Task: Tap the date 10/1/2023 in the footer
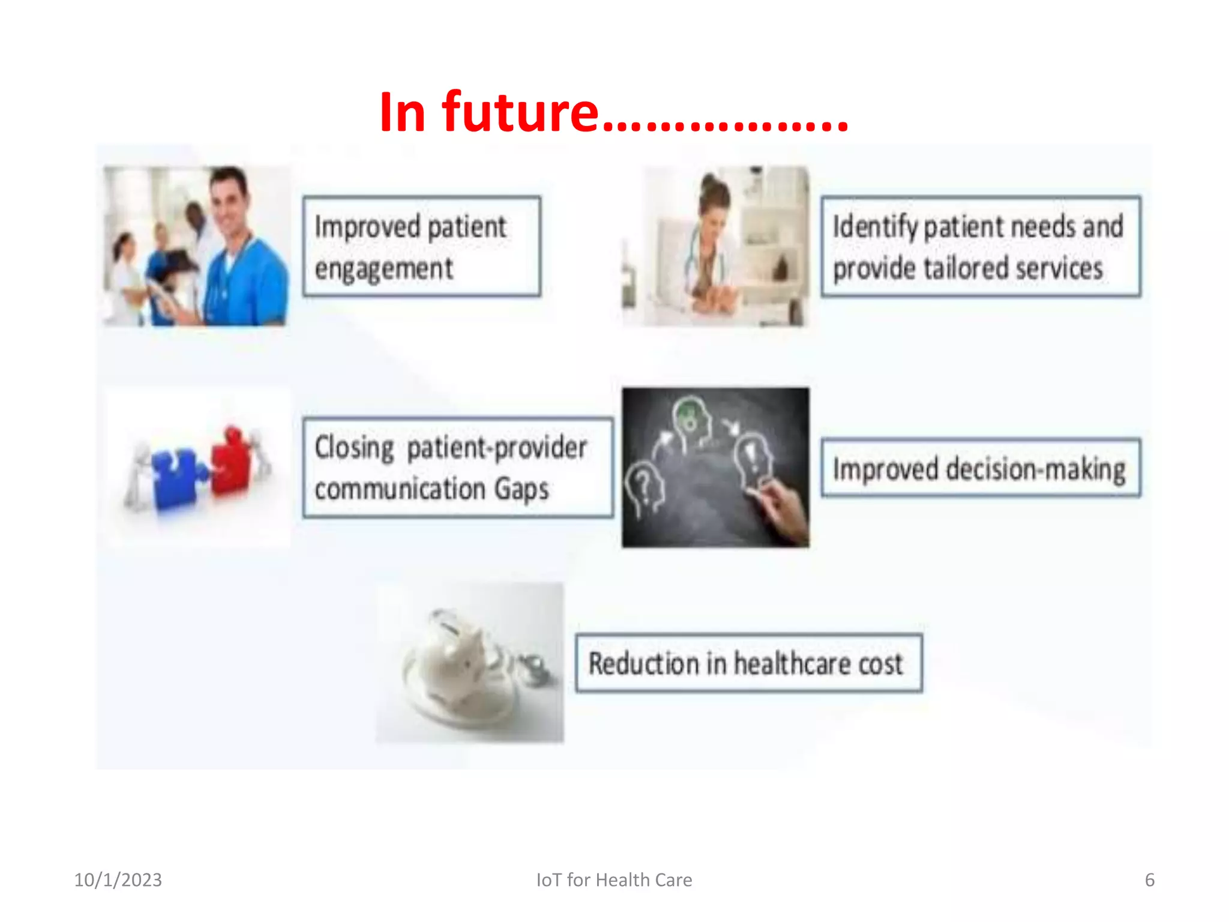(118, 880)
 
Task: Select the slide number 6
(1149, 880)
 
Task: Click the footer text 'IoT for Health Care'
(614, 880)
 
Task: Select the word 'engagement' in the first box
(383, 268)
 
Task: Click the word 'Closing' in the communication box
(354, 448)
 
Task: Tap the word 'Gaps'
(521, 489)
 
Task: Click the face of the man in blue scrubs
(228, 201)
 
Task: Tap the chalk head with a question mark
(644, 486)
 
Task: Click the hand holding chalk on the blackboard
(786, 510)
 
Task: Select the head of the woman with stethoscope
(714, 207)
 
